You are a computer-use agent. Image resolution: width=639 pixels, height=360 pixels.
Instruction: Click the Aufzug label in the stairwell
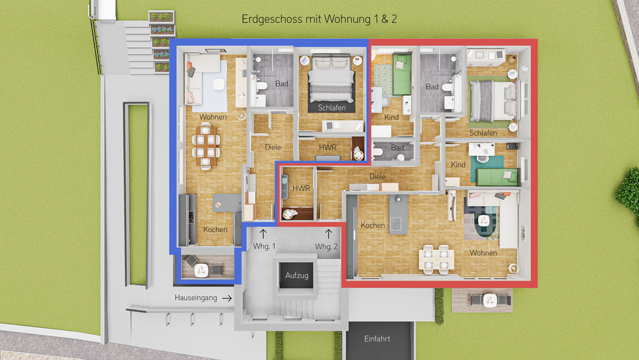[297, 276]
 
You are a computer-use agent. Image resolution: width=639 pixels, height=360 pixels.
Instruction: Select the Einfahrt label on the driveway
[376, 339]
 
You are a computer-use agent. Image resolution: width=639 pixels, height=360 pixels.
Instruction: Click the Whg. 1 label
[264, 247]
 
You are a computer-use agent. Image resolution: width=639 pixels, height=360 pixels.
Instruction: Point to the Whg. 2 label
[327, 247]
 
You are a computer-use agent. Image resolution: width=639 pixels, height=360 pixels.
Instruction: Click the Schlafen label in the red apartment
[483, 133]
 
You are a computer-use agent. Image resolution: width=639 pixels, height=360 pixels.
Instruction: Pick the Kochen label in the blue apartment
[215, 230]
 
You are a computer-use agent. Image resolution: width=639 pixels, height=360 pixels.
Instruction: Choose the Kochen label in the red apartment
[373, 225]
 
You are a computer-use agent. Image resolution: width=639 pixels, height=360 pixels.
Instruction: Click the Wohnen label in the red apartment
[483, 253]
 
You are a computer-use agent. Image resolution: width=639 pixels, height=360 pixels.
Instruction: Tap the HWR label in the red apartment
[300, 189]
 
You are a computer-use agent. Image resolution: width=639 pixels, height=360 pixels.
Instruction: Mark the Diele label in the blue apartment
[273, 148]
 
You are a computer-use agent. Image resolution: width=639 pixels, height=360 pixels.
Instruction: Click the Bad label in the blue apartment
[282, 84]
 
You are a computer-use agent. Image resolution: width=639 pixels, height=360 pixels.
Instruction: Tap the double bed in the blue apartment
[332, 80]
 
